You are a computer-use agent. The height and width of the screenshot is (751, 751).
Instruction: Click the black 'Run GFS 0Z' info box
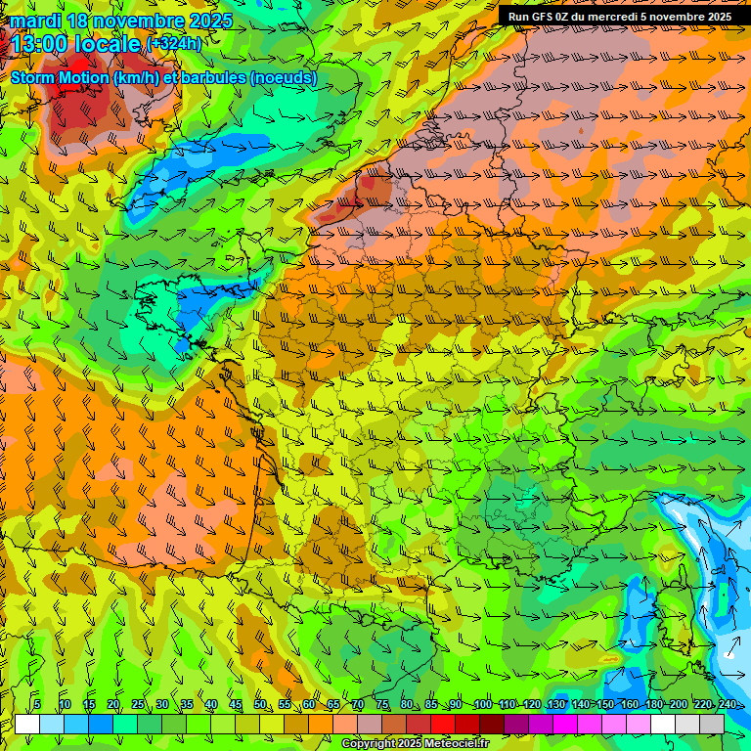620,17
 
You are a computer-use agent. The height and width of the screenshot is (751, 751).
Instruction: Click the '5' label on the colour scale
37,705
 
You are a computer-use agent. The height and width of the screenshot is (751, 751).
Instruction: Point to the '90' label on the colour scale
456,705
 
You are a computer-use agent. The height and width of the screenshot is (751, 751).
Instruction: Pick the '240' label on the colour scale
728,705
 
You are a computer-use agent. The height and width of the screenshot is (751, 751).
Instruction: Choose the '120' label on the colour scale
532,705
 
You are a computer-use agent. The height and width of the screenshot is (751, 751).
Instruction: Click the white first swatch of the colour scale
27,724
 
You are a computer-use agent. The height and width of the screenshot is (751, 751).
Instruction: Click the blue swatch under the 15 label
101,724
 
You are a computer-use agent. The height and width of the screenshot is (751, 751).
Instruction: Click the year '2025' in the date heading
208,21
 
